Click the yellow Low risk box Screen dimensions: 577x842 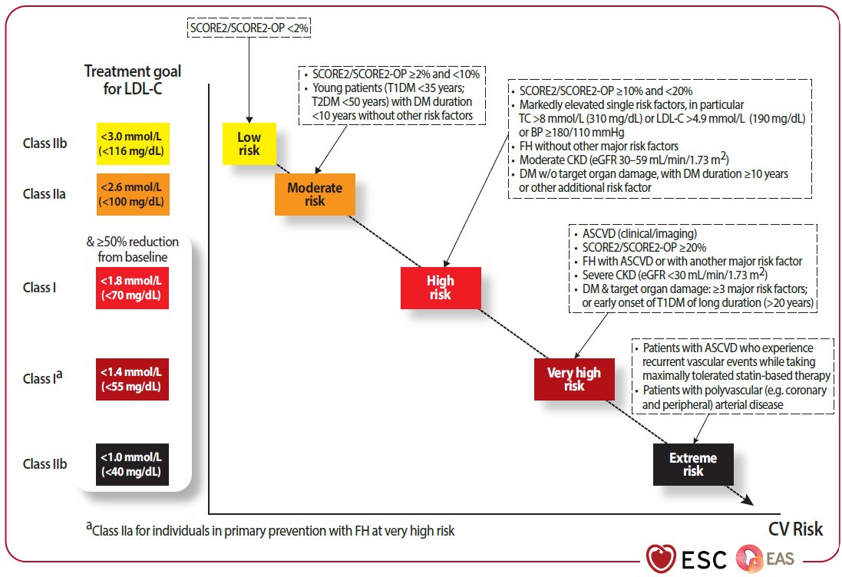(x=249, y=143)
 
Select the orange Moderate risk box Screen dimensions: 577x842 (x=315, y=194)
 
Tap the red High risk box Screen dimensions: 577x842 (x=441, y=288)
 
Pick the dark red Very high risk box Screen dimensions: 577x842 (x=573, y=379)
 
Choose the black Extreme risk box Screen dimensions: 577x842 (x=693, y=464)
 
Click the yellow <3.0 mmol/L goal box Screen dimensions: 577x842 (x=133, y=143)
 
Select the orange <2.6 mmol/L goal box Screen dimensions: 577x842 (x=133, y=194)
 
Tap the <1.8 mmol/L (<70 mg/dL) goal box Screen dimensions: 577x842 (x=133, y=288)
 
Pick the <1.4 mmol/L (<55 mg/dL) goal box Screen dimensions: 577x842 (x=133, y=378)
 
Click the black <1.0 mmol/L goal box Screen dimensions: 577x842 (x=133, y=463)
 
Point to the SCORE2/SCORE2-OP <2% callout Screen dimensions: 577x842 (x=249, y=29)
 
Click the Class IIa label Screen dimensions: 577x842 (x=45, y=194)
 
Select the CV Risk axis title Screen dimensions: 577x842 (x=795, y=529)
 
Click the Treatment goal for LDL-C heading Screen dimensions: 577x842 (x=133, y=80)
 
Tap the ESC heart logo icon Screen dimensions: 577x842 (x=660, y=558)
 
